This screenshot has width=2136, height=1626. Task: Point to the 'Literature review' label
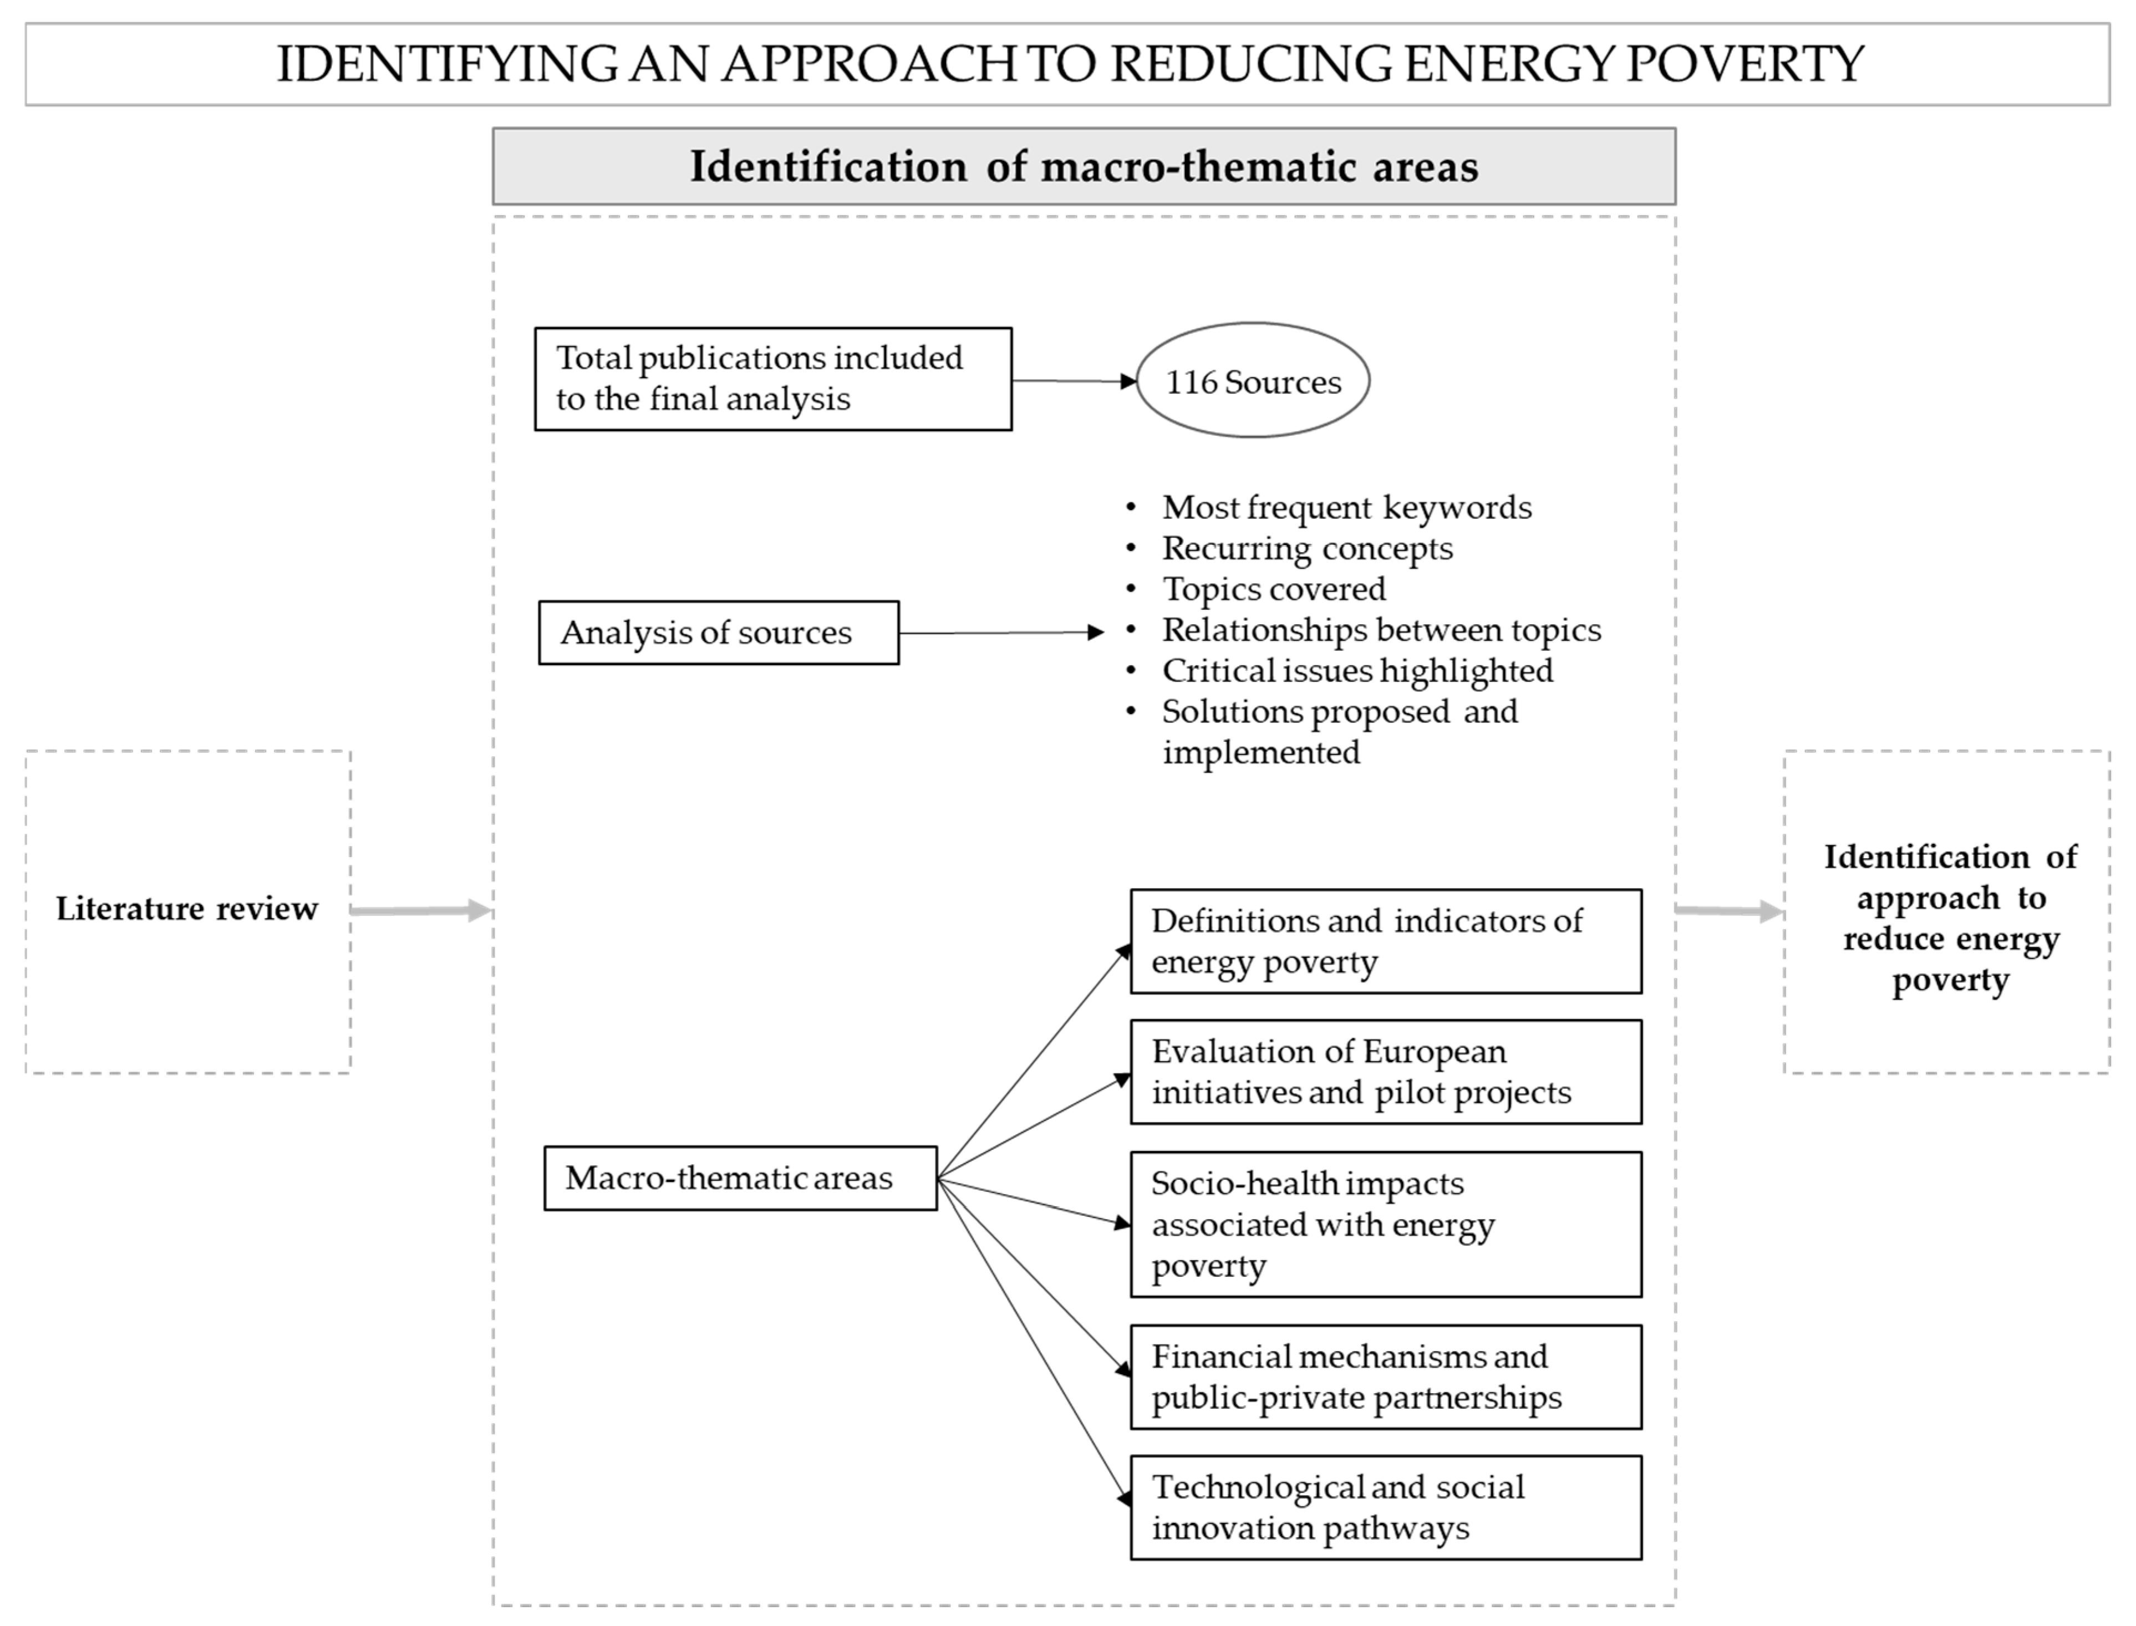[187, 909]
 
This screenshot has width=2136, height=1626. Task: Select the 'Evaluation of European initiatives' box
[1385, 1072]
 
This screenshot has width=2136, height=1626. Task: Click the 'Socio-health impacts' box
[1385, 1224]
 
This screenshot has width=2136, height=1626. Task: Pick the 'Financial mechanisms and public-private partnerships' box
[1385, 1377]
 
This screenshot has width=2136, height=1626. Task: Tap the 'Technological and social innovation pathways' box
[1385, 1508]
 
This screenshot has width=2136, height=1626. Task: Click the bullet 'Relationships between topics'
[1381, 630]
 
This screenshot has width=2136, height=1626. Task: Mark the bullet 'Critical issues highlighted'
[1357, 671]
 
